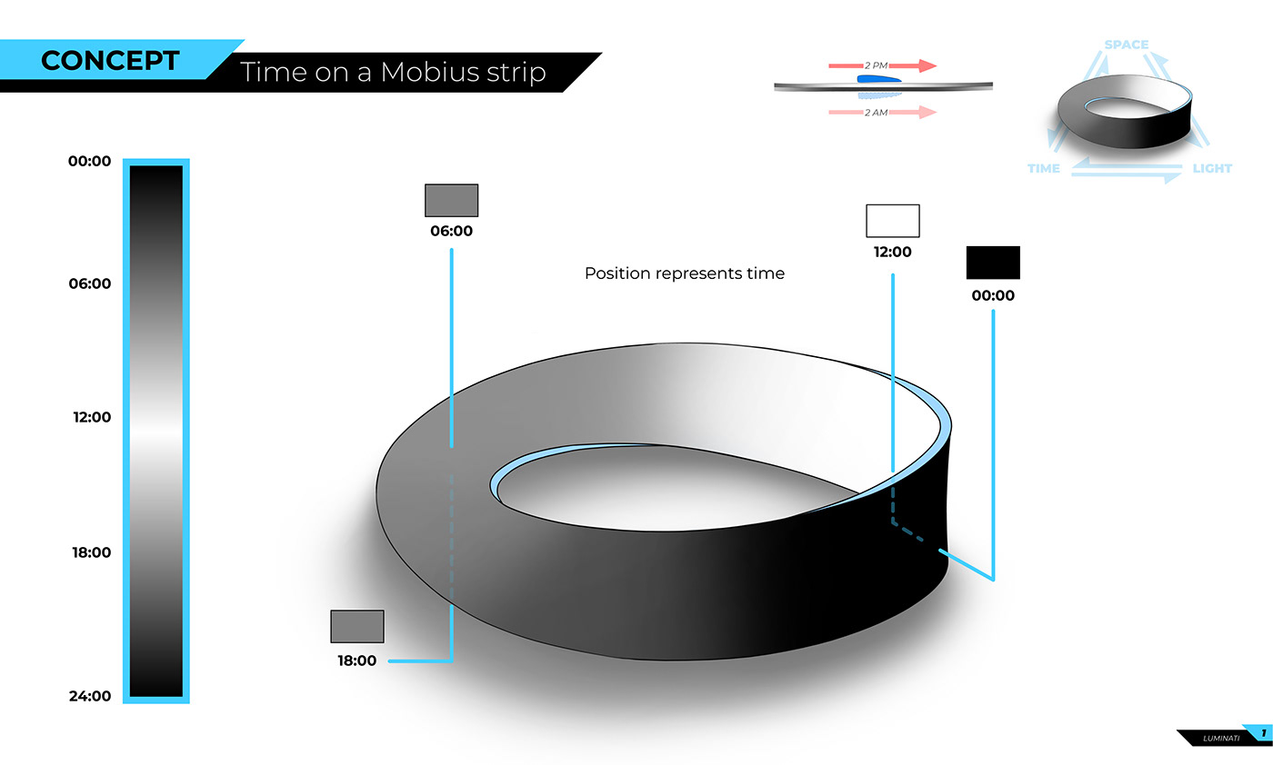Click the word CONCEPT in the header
[x=110, y=61]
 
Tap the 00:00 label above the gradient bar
[x=89, y=162]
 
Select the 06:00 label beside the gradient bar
[x=89, y=283]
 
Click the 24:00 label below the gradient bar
[x=89, y=697]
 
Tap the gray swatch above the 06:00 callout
[x=451, y=200]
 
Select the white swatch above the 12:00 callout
[x=892, y=221]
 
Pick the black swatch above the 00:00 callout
[x=993, y=263]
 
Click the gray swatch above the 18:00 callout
[x=357, y=626]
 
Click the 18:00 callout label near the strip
[x=357, y=661]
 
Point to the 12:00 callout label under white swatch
[x=892, y=253]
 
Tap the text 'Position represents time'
[x=684, y=273]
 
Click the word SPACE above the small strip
[x=1126, y=45]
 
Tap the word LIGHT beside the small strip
[x=1211, y=169]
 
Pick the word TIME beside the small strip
[x=1043, y=169]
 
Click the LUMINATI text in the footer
[x=1220, y=738]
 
